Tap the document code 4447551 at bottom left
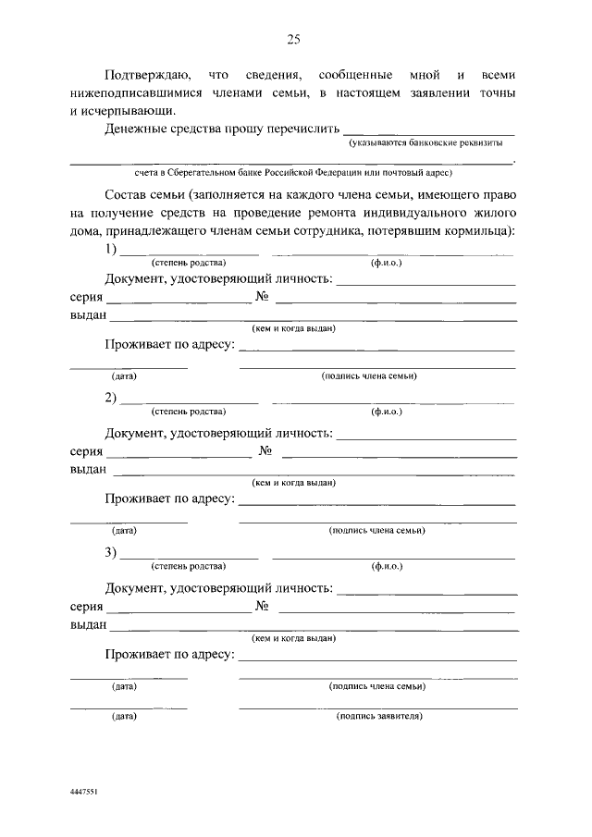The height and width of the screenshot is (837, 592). tap(84, 794)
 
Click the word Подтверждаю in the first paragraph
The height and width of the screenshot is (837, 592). tap(148, 73)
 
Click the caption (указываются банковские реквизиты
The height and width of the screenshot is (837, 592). tap(425, 144)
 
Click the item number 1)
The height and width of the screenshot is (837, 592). tap(111, 249)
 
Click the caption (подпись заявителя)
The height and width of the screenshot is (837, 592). tap(380, 716)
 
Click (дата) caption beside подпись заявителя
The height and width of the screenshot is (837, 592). tap(124, 716)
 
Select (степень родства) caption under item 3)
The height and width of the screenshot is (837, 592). tap(188, 566)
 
